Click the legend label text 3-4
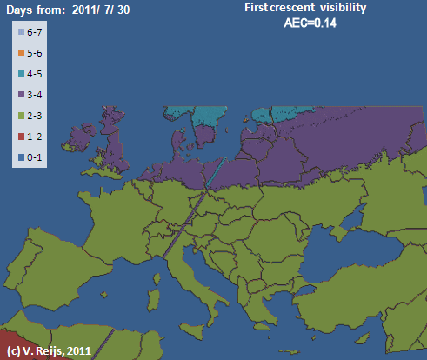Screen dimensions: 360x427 [36, 95]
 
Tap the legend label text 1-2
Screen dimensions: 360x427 [36, 137]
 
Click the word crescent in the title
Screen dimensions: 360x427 [277, 8]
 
